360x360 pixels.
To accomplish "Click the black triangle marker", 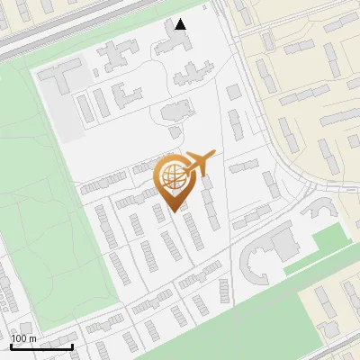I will [181, 24].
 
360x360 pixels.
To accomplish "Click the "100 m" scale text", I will [23, 338].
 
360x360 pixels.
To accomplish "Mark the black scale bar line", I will [41, 346].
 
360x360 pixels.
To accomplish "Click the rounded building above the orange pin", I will [174, 113].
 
